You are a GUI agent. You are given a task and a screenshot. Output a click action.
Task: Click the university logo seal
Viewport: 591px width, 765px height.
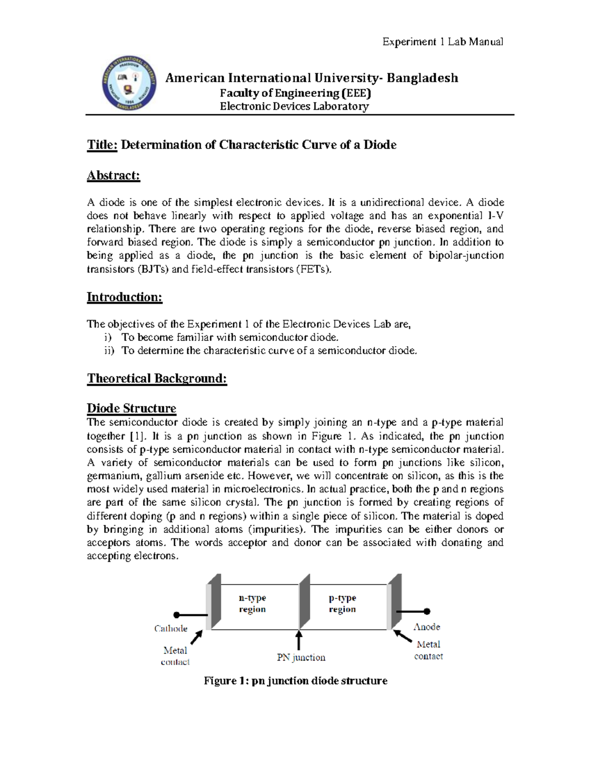point(130,83)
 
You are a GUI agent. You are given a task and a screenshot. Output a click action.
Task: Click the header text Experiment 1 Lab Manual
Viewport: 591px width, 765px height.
point(443,42)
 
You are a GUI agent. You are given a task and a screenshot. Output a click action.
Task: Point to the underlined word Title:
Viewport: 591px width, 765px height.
point(102,145)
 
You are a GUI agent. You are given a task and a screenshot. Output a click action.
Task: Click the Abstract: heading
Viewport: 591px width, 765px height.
point(113,176)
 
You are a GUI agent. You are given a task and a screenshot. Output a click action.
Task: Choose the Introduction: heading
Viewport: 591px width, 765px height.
point(124,297)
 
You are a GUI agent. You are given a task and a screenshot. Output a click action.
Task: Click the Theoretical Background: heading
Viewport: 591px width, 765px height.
point(157,378)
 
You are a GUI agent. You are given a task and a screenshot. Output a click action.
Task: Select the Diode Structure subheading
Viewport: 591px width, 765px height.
point(131,408)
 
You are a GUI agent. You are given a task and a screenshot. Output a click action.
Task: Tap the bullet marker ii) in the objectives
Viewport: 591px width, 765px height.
point(109,351)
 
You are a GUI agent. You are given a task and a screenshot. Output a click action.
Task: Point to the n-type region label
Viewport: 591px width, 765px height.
point(252,603)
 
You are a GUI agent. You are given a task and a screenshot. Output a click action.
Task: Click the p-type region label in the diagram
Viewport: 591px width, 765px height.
point(342,603)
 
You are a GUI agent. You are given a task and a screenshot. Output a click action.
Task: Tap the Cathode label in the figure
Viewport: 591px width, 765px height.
point(170,629)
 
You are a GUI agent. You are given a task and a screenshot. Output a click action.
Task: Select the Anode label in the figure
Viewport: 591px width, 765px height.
point(427,627)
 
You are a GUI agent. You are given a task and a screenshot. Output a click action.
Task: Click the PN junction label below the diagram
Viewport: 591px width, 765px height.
point(301,658)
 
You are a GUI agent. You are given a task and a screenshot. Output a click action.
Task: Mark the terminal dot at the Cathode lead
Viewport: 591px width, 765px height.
point(176,615)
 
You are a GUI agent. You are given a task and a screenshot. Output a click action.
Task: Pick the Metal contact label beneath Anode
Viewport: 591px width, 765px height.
point(428,650)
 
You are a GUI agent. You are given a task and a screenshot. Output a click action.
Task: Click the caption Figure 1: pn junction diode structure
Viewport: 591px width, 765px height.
point(295,681)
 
